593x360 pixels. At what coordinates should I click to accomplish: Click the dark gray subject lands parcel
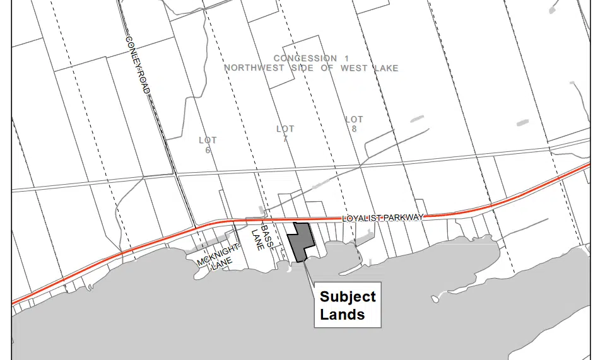point(299,241)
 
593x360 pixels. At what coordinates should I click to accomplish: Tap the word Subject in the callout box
point(348,297)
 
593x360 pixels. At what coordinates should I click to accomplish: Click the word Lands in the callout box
point(342,314)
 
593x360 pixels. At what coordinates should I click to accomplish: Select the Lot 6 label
point(208,145)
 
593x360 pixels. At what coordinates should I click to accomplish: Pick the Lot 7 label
point(285,134)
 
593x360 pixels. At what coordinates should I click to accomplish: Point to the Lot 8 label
point(355,124)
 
